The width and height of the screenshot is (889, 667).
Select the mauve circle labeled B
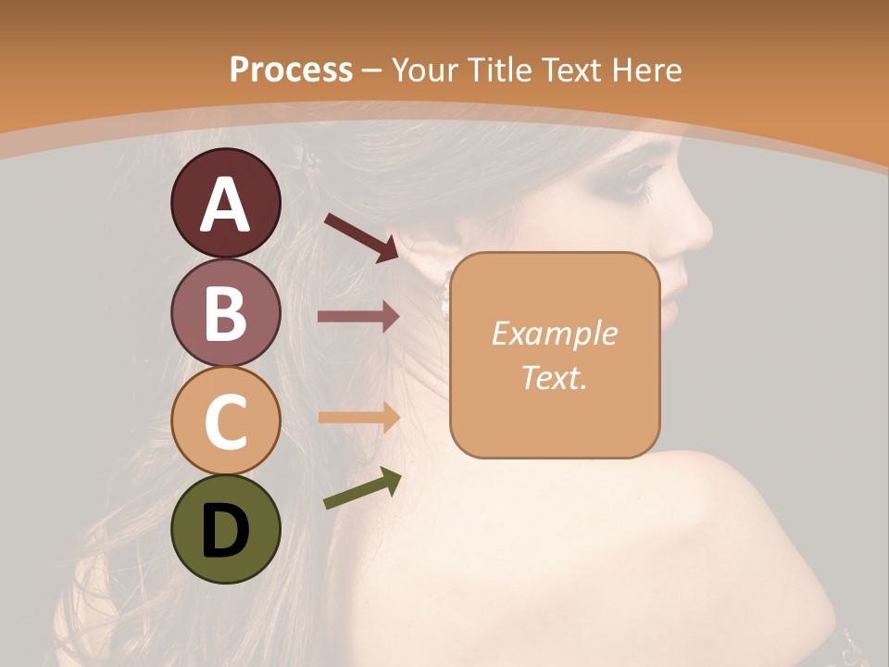[225, 312]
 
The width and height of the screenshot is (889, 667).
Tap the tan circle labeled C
[225, 422]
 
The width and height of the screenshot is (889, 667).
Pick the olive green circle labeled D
[225, 530]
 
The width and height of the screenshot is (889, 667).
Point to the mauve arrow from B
[358, 317]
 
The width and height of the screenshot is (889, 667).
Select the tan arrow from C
[358, 417]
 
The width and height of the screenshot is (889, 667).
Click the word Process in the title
[291, 70]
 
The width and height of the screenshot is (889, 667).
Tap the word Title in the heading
[498, 70]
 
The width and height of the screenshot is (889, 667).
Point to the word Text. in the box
[554, 377]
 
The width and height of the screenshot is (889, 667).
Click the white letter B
[225, 312]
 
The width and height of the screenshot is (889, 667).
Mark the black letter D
[225, 531]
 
